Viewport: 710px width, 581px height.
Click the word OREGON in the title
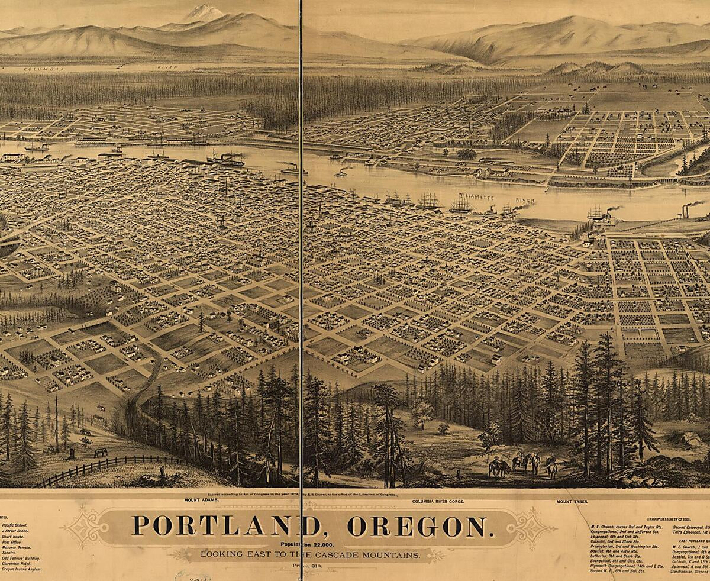(417, 526)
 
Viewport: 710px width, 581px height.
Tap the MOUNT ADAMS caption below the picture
(201, 500)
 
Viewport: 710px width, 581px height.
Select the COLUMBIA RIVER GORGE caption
(438, 501)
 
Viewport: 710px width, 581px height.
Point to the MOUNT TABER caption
(572, 501)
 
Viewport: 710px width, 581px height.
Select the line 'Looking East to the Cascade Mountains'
(310, 554)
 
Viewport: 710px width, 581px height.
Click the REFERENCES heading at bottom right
(666, 518)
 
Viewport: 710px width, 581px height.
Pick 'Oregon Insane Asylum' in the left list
(21, 569)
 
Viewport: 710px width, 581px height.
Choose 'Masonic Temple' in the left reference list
(17, 547)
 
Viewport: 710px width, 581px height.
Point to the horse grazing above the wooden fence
(101, 452)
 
